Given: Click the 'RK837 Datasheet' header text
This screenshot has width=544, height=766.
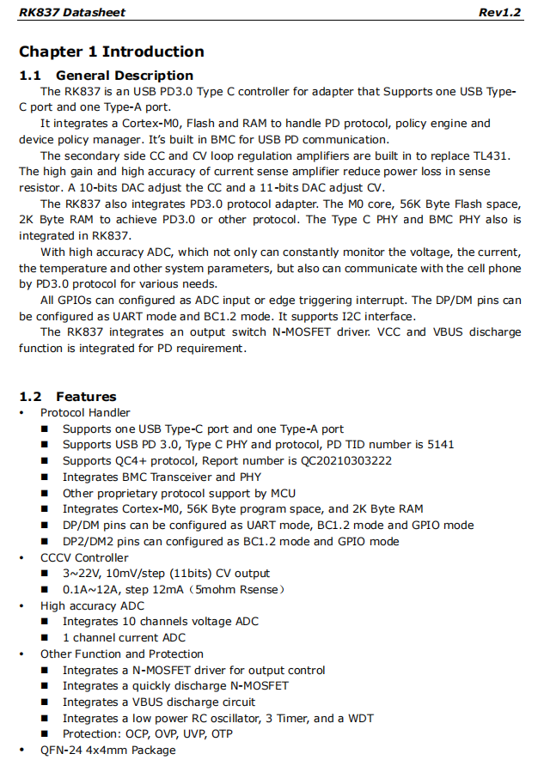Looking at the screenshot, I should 72,13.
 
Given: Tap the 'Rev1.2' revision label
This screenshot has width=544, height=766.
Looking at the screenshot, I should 500,13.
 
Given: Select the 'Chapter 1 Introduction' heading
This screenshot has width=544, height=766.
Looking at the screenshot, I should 112,52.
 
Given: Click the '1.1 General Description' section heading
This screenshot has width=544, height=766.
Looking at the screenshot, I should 107,76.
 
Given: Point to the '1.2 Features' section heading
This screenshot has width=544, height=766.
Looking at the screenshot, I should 68,397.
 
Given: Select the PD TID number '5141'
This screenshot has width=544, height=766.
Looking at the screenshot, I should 437,445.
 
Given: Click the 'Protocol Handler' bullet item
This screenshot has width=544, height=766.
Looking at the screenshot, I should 85,413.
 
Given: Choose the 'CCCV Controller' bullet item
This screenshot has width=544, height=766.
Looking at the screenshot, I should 84,557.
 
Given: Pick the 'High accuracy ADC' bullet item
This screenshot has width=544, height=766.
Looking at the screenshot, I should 92,605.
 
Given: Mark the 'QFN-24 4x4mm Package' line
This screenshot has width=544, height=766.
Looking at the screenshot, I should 107,750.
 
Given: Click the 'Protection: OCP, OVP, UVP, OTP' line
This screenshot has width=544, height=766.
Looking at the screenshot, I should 147,733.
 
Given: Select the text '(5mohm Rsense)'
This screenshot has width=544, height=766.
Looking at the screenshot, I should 241,589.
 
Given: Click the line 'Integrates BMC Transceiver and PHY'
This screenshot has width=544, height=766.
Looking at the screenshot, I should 161,477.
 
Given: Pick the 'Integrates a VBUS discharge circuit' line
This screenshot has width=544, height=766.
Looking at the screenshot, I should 158,702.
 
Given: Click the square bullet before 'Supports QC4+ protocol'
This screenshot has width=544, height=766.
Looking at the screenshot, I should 45,461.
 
